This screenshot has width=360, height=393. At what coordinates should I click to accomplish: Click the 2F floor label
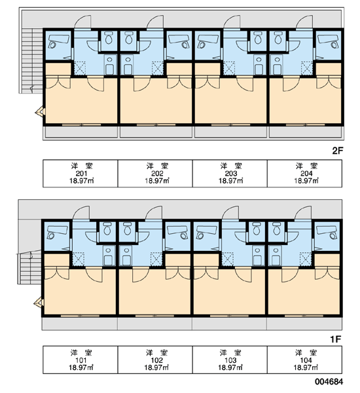[x=337, y=151]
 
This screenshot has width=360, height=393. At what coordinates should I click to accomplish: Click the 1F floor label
[x=336, y=339]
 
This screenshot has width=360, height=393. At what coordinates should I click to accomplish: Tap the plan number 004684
[x=329, y=381]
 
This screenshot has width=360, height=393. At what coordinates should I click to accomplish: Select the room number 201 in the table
[x=81, y=174]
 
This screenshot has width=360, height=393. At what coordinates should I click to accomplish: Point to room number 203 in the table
[x=231, y=174]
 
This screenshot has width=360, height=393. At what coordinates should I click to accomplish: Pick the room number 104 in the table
[x=306, y=360]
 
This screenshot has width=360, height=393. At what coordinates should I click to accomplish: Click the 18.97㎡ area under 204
[x=306, y=181]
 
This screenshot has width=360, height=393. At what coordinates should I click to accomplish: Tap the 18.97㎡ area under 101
[x=81, y=367]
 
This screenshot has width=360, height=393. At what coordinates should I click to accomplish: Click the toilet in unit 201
[x=109, y=38]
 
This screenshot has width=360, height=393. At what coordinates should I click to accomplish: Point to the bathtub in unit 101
[x=57, y=233]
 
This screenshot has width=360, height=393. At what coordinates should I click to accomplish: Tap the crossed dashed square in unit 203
[x=229, y=68]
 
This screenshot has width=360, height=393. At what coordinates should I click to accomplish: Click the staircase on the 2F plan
[x=32, y=60]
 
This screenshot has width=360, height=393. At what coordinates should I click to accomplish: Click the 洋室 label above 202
[x=157, y=166]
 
